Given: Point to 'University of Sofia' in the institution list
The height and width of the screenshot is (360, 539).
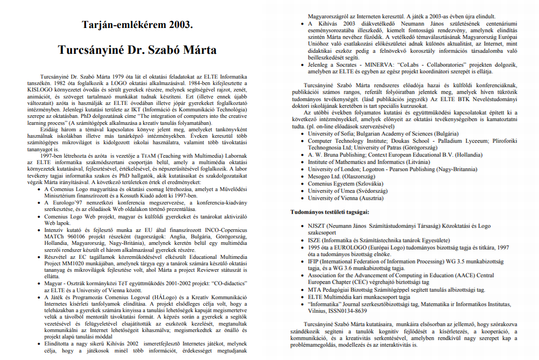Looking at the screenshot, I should coord(334,133).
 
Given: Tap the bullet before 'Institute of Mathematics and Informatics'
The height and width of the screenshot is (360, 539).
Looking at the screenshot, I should coord(302,162).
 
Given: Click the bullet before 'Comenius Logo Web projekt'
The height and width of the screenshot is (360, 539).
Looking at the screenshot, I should coord(38,216).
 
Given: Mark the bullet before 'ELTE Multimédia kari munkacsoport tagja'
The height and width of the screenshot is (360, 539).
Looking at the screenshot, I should coord(302,297).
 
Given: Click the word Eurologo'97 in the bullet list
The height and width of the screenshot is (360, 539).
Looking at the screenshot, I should coord(66,201).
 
